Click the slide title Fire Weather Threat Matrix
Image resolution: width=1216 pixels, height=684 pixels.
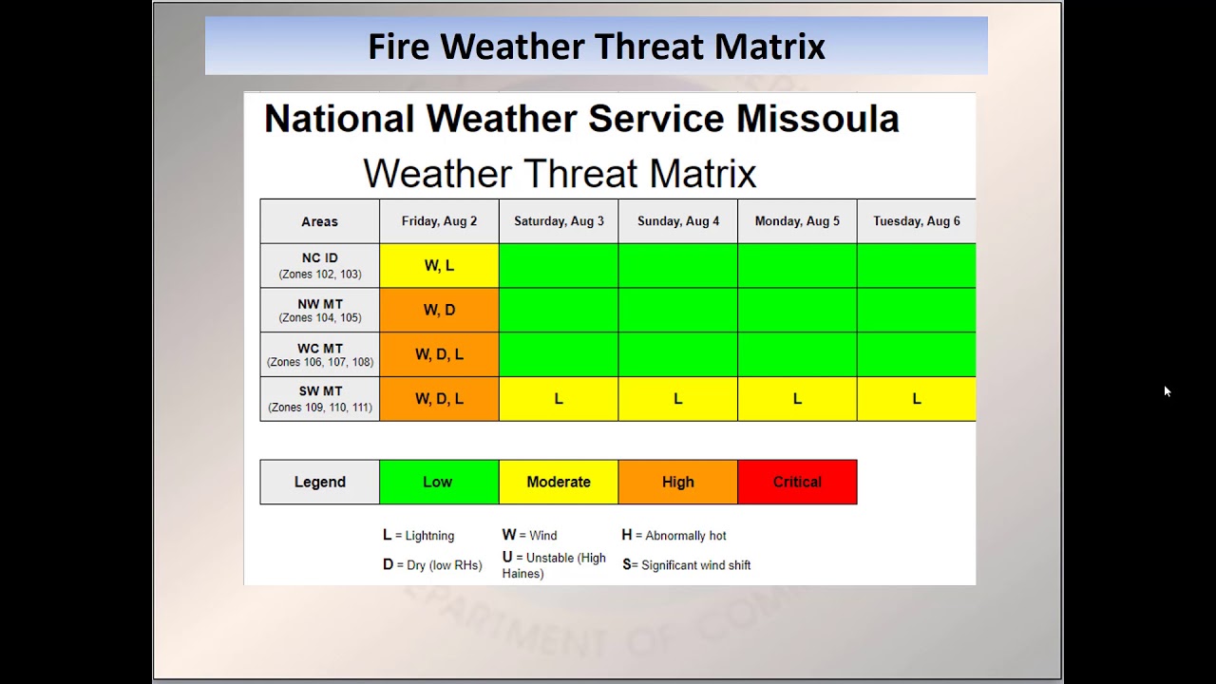click(597, 46)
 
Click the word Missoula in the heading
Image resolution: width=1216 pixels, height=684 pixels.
click(817, 119)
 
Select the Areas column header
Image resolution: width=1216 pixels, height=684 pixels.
click(319, 221)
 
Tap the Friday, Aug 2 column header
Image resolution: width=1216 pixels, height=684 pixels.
click(439, 221)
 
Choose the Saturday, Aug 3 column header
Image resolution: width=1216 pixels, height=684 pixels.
click(559, 221)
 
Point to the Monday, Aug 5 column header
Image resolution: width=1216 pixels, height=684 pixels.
click(797, 221)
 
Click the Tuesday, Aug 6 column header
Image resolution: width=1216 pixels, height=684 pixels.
click(916, 221)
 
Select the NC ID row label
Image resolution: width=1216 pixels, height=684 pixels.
click(319, 265)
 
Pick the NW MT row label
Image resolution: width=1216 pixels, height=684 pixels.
click(319, 310)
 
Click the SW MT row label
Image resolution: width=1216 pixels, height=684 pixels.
click(319, 399)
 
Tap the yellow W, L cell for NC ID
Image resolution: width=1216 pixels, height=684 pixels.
click(439, 266)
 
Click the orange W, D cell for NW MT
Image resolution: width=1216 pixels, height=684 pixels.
click(439, 310)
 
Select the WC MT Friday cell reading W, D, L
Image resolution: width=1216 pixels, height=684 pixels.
click(439, 354)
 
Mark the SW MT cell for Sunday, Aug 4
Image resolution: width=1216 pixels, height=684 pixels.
click(677, 399)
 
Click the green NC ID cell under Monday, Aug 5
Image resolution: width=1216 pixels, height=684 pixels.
click(797, 266)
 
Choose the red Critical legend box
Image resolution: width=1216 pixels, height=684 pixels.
click(797, 482)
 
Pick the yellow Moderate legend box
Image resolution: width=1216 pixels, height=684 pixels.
click(559, 482)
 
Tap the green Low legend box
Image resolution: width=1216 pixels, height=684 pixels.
click(438, 482)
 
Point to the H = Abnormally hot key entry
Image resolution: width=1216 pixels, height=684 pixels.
click(674, 536)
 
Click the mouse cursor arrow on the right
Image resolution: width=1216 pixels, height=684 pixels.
click(1167, 390)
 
